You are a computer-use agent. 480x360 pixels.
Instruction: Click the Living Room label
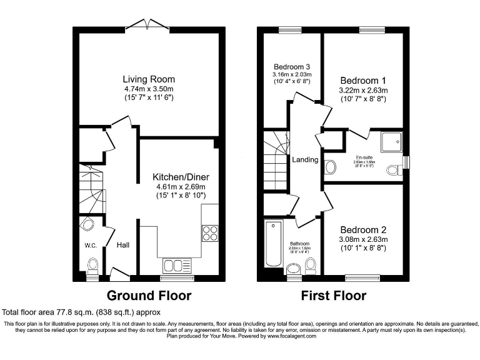point(148,79)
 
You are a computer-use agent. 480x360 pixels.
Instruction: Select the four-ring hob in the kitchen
point(209,232)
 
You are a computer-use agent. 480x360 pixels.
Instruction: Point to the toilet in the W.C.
point(93,266)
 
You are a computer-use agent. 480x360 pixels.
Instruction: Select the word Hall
point(122,245)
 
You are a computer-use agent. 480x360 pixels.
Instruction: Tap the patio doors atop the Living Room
point(147,26)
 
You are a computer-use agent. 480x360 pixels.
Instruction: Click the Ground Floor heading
point(149,296)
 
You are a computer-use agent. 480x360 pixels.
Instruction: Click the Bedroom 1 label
point(359,81)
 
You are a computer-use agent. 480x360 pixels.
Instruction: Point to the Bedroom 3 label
point(292,67)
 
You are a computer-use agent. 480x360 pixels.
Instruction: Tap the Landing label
point(304,160)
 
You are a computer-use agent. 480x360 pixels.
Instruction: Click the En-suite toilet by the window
point(394,169)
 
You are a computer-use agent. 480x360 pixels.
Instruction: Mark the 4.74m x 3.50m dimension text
point(148,89)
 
